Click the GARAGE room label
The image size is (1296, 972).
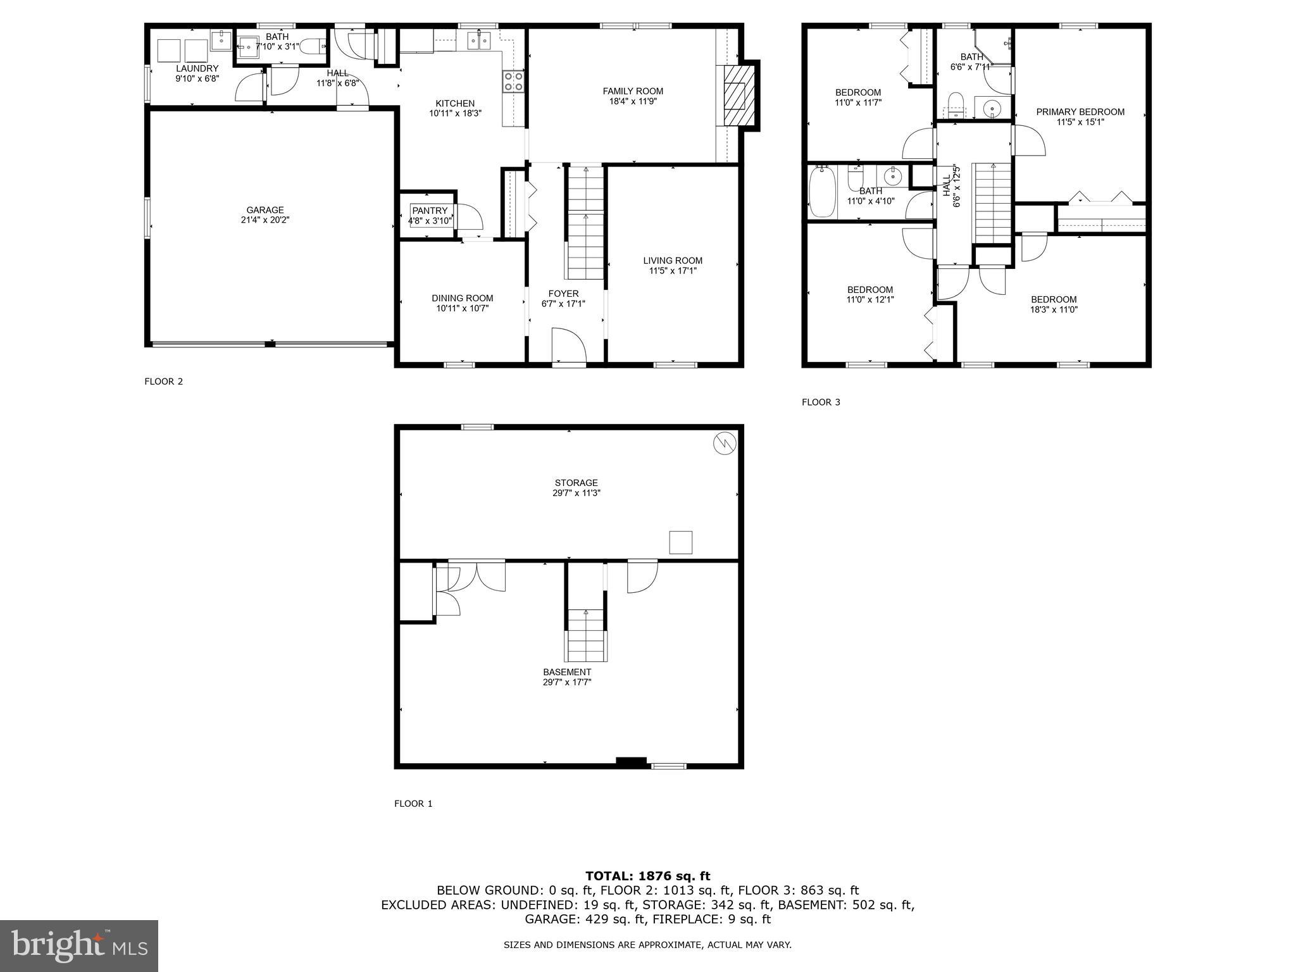(265, 210)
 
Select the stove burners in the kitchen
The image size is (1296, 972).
(513, 82)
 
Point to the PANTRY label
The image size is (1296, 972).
(430, 211)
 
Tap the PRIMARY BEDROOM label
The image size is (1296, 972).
(1080, 112)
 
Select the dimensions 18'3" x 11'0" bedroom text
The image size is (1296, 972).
(1054, 310)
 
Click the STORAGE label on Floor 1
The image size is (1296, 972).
(576, 483)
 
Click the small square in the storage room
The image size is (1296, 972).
(680, 542)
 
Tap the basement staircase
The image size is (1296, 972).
(585, 635)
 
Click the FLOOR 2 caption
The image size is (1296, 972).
(163, 382)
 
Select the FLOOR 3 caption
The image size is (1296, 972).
(821, 402)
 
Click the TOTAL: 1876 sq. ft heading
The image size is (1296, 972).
(647, 876)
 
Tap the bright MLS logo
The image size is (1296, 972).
(79, 945)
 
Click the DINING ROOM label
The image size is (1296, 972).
(462, 298)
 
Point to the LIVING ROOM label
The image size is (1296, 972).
(672, 261)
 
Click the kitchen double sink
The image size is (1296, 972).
(479, 41)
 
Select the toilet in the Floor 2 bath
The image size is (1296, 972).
(312, 46)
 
